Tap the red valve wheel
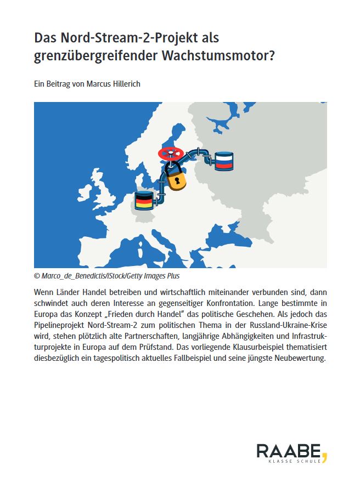click(170, 154)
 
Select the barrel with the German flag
click(144, 201)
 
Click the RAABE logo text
click(289, 451)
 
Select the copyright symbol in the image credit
click(37, 276)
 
